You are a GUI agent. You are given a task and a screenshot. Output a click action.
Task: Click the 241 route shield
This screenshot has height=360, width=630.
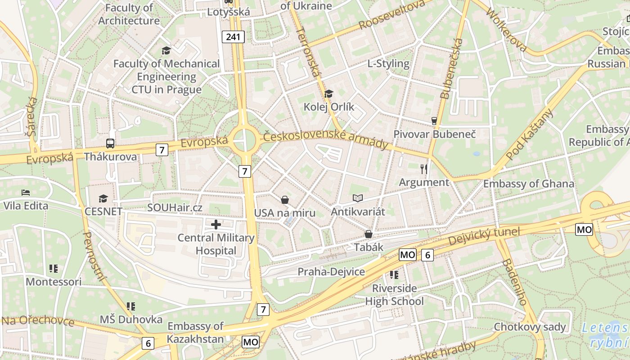(233, 37)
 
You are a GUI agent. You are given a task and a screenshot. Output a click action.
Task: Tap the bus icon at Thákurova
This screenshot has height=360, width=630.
(110, 144)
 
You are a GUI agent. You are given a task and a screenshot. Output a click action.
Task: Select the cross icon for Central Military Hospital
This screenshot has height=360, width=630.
(216, 224)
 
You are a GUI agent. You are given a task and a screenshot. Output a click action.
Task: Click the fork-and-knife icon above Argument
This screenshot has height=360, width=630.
(423, 169)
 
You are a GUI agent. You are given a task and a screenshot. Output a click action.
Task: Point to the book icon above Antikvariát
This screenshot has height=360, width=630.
(358, 198)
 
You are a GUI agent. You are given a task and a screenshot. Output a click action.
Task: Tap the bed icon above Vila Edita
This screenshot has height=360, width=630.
(26, 193)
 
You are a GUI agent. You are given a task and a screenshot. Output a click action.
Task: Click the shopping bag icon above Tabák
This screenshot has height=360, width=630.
(369, 234)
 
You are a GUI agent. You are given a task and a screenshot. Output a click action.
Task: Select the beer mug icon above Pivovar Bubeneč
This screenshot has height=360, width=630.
(434, 121)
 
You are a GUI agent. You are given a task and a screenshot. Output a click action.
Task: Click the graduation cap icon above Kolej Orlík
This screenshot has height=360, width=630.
(329, 94)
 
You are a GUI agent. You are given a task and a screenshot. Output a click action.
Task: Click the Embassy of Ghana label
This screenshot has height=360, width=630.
(528, 184)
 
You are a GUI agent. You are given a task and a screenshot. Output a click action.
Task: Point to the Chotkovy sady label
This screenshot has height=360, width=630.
(530, 327)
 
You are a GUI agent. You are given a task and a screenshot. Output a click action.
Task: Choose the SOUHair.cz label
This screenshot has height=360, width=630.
(175, 208)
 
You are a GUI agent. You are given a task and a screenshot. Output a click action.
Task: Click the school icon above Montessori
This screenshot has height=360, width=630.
(54, 269)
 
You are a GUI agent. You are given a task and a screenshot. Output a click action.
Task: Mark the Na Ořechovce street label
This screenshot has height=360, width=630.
(38, 321)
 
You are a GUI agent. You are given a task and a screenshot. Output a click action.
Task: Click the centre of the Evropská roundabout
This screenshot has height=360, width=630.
(244, 140)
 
